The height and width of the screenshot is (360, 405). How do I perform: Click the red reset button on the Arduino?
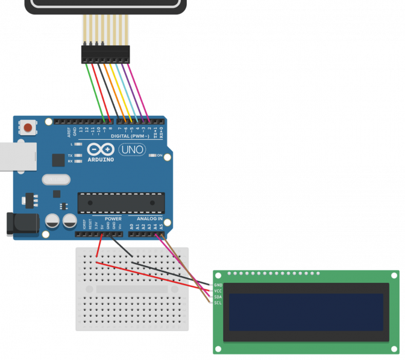click(28, 128)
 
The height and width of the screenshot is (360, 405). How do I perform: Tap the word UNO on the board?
click(131, 150)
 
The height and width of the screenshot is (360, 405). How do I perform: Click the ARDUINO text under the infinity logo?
click(100, 159)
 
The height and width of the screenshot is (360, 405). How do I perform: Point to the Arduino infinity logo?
click(99, 150)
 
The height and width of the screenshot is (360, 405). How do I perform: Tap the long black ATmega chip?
click(121, 203)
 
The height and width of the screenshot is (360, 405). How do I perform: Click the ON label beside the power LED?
click(159, 156)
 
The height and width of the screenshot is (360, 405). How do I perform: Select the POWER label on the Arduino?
click(113, 218)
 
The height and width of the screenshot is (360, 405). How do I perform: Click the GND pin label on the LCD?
click(218, 285)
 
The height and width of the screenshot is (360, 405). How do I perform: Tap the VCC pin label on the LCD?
click(218, 291)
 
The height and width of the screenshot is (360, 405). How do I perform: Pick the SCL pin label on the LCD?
click(218, 303)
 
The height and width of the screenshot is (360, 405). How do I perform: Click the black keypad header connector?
click(105, 54)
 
